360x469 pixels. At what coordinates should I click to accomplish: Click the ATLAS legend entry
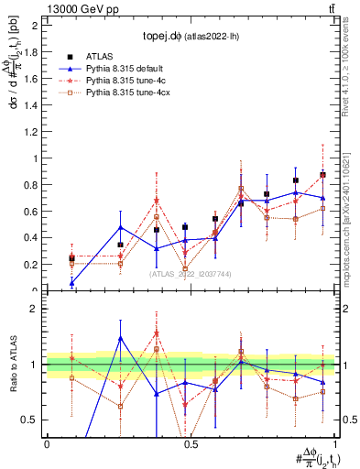point(99,56)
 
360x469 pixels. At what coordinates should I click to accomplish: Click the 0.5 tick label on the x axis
point(191,444)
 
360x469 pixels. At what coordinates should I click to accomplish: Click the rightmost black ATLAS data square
point(322,174)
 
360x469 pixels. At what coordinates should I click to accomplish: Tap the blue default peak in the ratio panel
point(121,337)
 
